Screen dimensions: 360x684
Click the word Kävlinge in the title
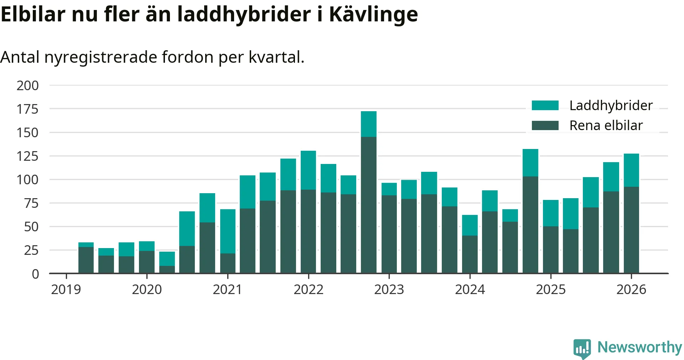coord(373,15)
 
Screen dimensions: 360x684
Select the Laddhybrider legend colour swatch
coord(545,106)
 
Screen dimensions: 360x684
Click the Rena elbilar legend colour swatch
coord(545,125)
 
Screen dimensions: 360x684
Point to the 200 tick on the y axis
coord(27,86)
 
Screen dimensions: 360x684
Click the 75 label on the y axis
coord(31,204)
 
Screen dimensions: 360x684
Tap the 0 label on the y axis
coord(35,274)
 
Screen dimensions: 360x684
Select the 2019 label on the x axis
coord(66,289)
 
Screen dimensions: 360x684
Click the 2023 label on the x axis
coord(389,289)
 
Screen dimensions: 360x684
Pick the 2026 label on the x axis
coord(631,289)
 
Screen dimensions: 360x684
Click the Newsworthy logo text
coord(639,347)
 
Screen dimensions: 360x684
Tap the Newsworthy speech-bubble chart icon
coord(582,348)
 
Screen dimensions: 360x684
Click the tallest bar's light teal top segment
coord(369,124)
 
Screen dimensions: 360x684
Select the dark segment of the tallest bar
coord(369,205)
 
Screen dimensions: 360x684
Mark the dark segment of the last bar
coord(631,230)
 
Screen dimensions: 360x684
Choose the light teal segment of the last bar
coord(631,170)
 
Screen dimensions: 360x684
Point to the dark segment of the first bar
coord(86,260)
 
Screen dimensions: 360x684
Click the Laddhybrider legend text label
coord(611,106)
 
